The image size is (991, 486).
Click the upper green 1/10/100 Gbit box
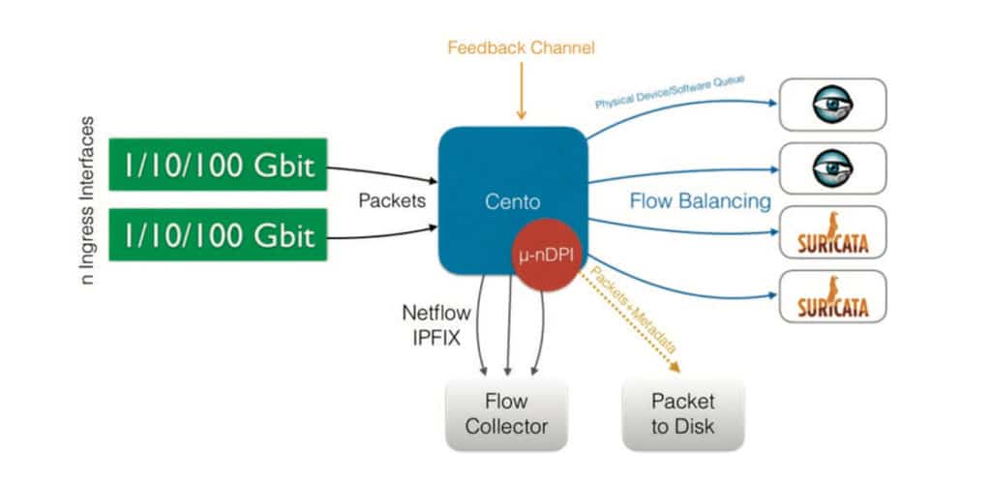pos(217,167)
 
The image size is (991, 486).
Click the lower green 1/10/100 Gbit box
pos(217,235)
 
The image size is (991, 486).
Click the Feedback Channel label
pos(521,46)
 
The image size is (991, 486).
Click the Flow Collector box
pos(507,413)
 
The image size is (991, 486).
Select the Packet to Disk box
pos(682,413)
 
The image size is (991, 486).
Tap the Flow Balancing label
pos(700,201)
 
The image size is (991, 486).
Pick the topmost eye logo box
pos(832,104)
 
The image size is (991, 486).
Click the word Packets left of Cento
pos(390,201)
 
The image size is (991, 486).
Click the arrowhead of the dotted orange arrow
pos(675,367)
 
